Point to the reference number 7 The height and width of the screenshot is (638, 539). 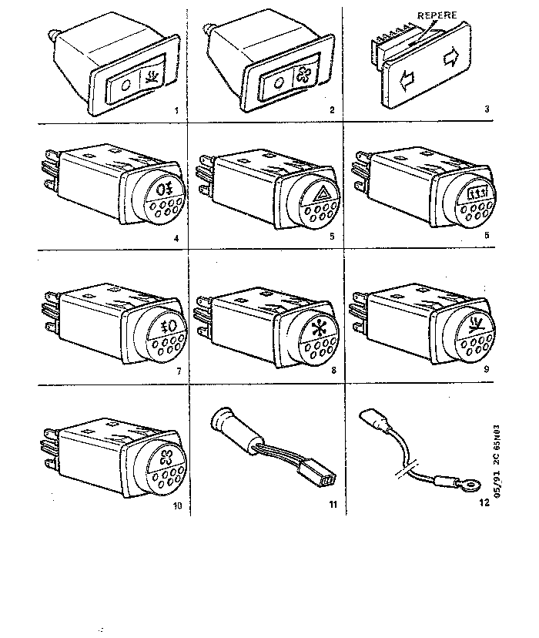point(178,372)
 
